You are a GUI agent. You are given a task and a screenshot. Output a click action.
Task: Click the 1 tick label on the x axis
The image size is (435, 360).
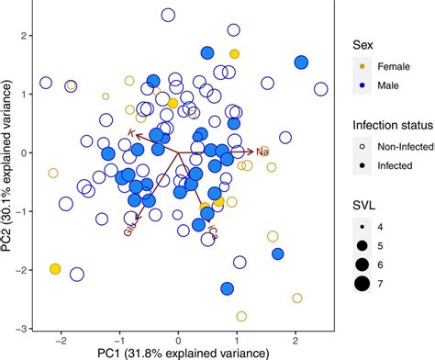point(237,339)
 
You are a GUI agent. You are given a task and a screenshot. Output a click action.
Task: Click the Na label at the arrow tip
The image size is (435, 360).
point(262,152)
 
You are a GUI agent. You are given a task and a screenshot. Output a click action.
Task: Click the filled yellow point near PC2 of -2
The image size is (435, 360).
point(55,269)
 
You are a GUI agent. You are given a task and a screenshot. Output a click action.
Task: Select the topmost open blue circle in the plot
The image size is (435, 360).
point(168,16)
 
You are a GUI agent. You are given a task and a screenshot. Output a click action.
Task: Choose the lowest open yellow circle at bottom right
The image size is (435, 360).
point(296,298)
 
